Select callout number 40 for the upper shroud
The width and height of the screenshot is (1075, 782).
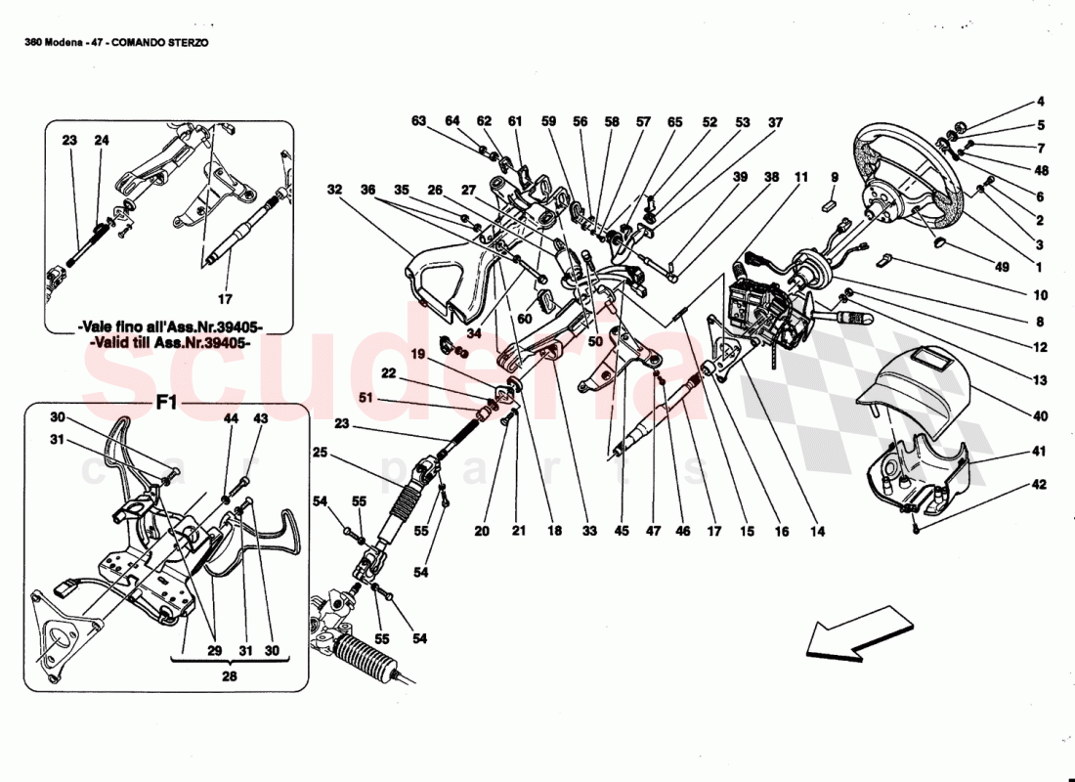pos(1040,417)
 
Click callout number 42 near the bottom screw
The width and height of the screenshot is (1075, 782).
pos(1040,485)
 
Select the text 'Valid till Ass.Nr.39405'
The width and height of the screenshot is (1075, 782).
pos(171,344)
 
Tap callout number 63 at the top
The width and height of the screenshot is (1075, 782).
pos(419,122)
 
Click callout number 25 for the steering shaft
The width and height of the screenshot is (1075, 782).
pos(321,452)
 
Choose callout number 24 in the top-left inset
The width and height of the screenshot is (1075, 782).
pos(102,141)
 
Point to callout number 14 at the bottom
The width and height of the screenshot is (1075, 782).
pos(817,532)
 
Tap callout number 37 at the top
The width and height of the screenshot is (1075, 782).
pos(775,123)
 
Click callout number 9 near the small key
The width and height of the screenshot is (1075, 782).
pos(835,178)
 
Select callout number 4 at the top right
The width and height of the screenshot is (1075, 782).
pos(1040,102)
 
